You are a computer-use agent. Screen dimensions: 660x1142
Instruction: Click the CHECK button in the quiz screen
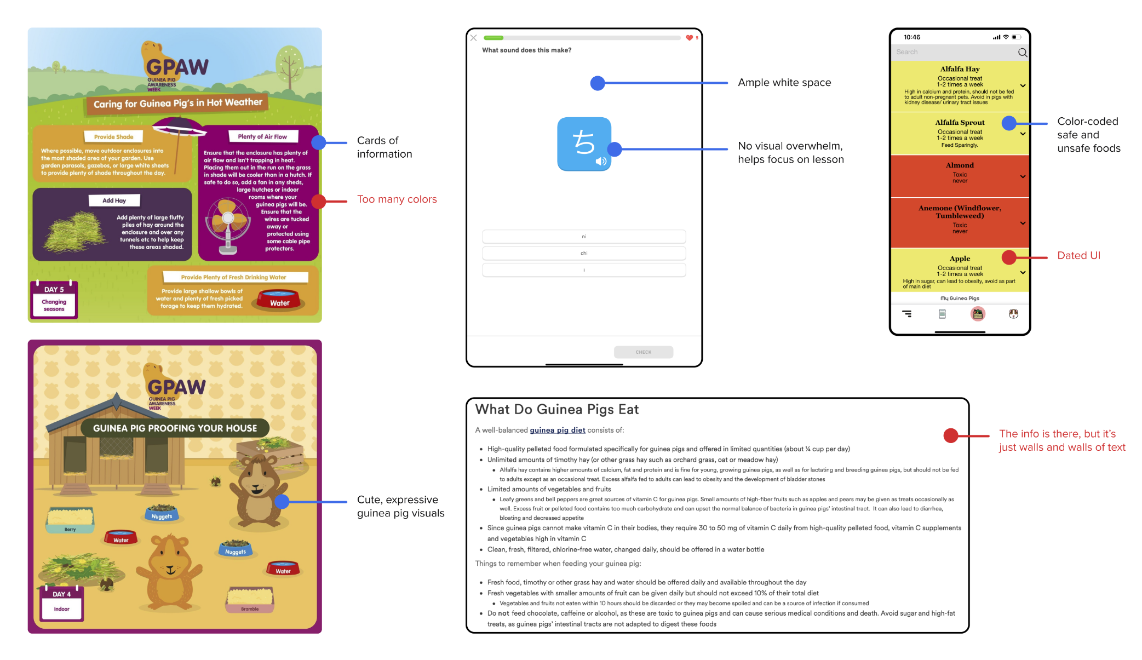pos(643,352)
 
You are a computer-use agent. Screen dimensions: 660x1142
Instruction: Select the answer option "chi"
pos(584,253)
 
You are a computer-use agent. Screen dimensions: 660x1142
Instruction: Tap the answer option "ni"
pos(584,237)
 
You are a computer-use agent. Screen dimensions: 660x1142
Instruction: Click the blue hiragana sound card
pos(584,144)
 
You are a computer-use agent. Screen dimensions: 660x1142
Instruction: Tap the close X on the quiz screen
pos(474,38)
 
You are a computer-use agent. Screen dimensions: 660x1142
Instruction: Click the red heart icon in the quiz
pos(689,38)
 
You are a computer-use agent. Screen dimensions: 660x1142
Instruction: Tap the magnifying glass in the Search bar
pos(1022,53)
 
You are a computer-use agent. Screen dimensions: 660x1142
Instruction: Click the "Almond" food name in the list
pos(960,165)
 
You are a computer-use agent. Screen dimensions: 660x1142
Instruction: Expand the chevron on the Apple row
pos(1023,272)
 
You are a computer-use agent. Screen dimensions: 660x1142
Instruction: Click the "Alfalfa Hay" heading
pos(960,69)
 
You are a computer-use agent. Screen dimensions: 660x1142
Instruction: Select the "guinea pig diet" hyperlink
pos(557,431)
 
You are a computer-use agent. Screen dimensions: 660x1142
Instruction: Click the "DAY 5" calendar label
pos(54,289)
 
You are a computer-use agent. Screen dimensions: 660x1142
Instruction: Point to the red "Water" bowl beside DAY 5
pos(279,300)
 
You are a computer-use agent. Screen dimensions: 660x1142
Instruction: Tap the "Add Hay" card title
pos(114,200)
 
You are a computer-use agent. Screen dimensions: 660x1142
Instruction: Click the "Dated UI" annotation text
pos(1078,256)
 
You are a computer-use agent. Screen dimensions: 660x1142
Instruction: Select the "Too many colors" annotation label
pos(397,199)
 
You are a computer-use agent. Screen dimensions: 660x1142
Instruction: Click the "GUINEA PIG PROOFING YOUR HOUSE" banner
pos(175,428)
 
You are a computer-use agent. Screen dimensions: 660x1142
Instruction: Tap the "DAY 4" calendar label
pos(61,594)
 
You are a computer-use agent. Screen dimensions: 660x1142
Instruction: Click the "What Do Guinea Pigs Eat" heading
pos(556,410)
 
